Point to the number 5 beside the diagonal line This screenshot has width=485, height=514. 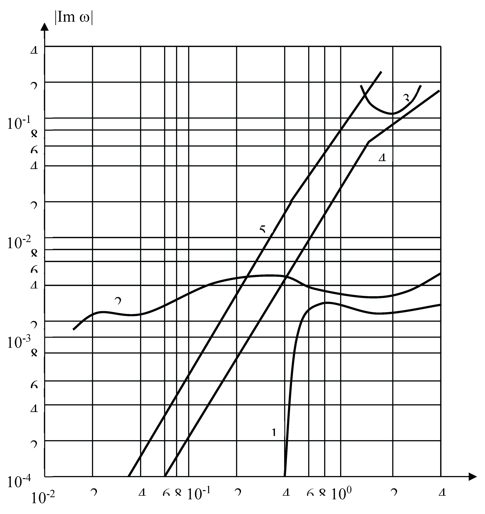(x=262, y=229)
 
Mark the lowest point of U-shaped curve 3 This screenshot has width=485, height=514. (x=392, y=113)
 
